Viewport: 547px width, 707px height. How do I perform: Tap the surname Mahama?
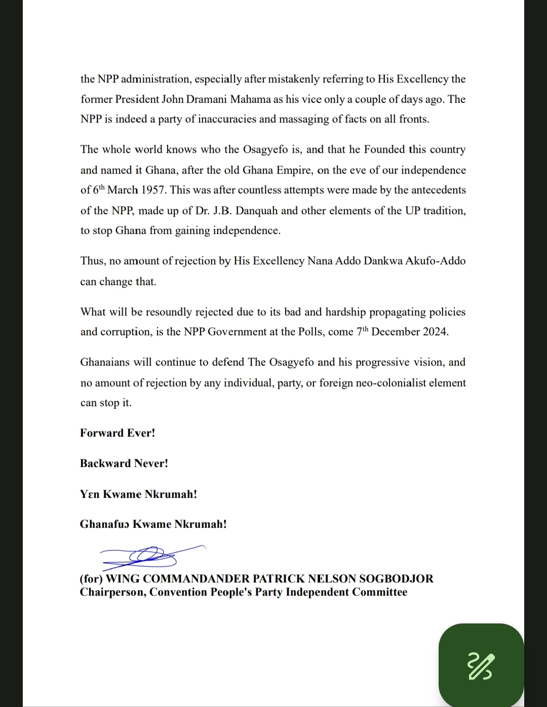coord(250,99)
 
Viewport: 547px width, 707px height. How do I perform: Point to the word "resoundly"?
coord(169,312)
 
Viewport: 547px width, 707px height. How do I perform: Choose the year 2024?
coord(434,332)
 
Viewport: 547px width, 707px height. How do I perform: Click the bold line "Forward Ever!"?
coord(118,433)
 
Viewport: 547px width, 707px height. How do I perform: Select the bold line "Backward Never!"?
coord(124,463)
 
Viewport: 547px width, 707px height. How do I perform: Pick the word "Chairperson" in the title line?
coord(111,592)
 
